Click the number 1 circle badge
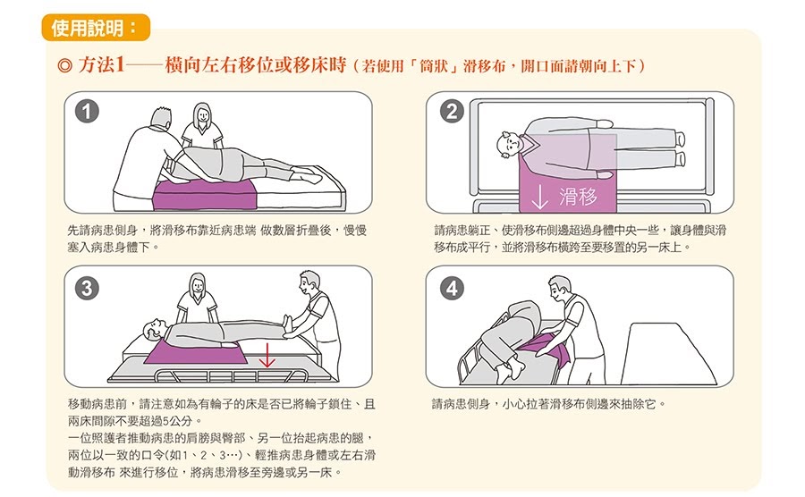click(87, 112)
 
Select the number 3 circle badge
click(87, 288)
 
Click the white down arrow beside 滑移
click(540, 196)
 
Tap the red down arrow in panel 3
click(266, 358)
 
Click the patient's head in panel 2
click(509, 144)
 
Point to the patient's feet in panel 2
click(680, 148)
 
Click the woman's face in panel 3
click(196, 287)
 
